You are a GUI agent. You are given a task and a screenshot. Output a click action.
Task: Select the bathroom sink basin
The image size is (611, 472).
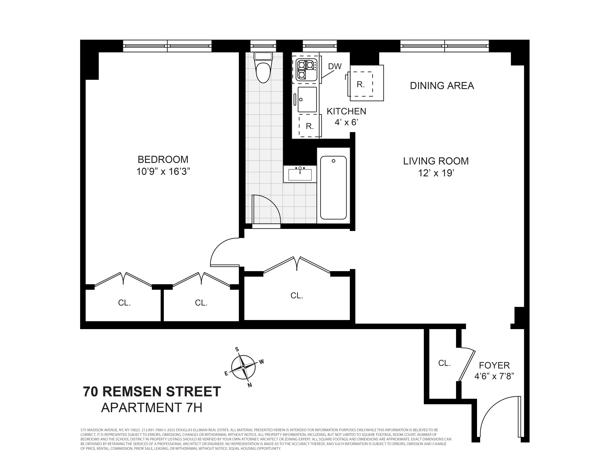click(300, 174)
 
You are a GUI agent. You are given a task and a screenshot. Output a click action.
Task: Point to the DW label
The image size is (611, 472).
click(335, 67)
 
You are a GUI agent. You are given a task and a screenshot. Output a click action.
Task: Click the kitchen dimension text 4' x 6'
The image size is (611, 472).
click(346, 122)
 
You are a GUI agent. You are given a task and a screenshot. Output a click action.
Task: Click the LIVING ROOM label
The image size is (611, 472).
click(436, 161)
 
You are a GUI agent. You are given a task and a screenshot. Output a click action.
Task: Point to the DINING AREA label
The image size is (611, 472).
click(442, 86)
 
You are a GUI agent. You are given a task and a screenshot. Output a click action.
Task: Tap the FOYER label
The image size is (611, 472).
click(494, 365)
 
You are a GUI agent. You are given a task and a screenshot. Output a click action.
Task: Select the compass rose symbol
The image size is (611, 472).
click(243, 367)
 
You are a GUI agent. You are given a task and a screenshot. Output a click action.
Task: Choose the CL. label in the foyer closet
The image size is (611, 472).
click(444, 363)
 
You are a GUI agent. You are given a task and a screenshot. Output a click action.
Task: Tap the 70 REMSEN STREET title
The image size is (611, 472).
click(152, 391)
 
